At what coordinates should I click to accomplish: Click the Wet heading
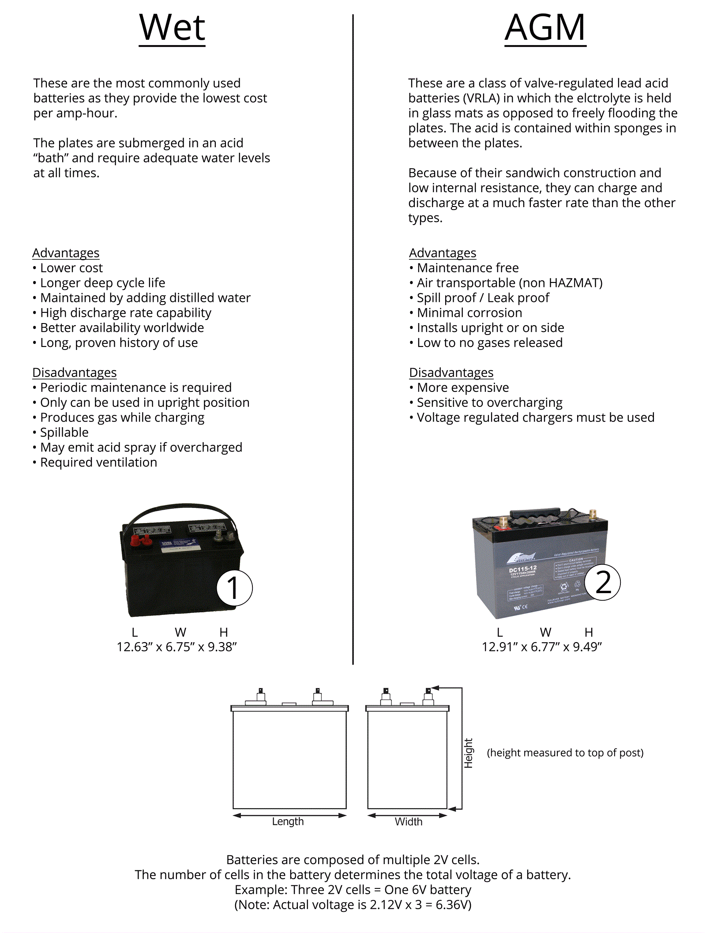click(x=172, y=28)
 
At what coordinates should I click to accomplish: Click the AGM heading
click(x=545, y=28)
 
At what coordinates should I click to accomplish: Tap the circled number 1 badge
click(x=234, y=588)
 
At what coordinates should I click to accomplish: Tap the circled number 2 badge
click(x=603, y=583)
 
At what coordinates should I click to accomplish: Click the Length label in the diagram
click(x=288, y=821)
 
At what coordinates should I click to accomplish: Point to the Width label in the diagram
click(x=409, y=821)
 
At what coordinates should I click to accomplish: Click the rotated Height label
click(x=468, y=753)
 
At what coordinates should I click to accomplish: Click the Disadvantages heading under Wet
click(x=75, y=372)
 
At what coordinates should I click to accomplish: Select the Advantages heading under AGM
click(x=443, y=253)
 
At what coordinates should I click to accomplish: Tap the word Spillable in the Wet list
click(x=64, y=433)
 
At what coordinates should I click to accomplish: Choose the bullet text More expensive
click(x=463, y=387)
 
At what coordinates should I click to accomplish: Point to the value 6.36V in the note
click(x=453, y=905)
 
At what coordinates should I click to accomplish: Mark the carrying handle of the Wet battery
click(x=181, y=508)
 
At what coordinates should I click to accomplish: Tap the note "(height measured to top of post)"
click(x=565, y=752)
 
